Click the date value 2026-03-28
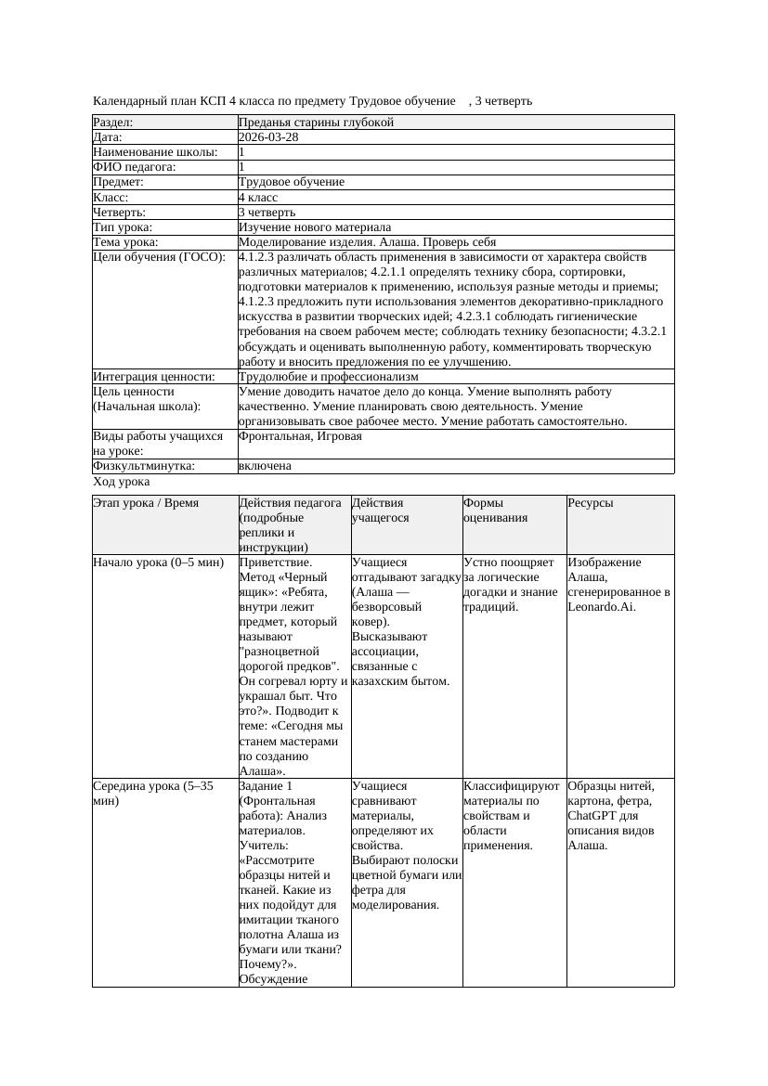point(268,137)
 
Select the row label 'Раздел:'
point(113,123)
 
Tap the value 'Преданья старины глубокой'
point(316,123)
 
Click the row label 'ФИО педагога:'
point(135,167)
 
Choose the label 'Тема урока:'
point(126,242)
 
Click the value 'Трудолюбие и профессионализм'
point(328,377)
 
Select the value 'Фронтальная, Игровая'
point(300,436)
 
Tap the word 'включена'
point(265,466)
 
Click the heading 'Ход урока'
point(121,482)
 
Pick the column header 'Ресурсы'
point(590,503)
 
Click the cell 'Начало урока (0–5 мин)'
point(159,562)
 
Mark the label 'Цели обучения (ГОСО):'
point(159,257)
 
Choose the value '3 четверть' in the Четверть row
point(267,213)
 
